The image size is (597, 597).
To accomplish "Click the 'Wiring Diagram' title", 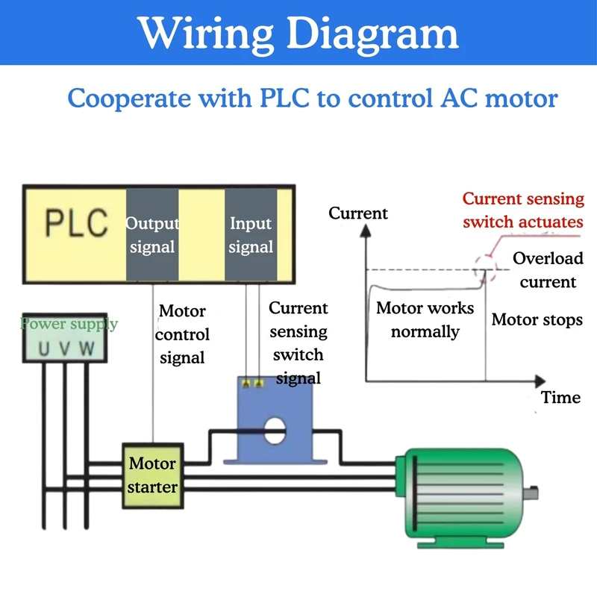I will [x=298, y=33].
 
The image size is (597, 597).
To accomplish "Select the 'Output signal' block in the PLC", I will [x=152, y=234].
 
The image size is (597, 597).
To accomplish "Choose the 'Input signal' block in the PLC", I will [x=251, y=234].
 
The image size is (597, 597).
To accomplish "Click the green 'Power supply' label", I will [x=69, y=324].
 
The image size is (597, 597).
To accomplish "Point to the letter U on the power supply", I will [x=44, y=348].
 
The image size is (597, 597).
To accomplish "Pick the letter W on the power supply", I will [x=87, y=348].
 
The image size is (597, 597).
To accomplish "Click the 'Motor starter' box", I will [x=152, y=475].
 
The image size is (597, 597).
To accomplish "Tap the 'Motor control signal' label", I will [x=182, y=334].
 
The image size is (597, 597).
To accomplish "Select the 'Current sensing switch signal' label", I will [x=298, y=343].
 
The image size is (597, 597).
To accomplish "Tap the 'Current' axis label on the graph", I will [x=358, y=213].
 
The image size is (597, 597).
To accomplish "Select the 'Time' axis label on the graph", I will [x=561, y=397].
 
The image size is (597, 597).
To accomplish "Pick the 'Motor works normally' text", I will [x=425, y=319].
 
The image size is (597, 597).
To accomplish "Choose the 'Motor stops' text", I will [x=537, y=320].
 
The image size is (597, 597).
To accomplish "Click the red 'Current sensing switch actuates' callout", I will [x=522, y=210].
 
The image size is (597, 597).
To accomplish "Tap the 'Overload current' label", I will [x=548, y=270].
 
